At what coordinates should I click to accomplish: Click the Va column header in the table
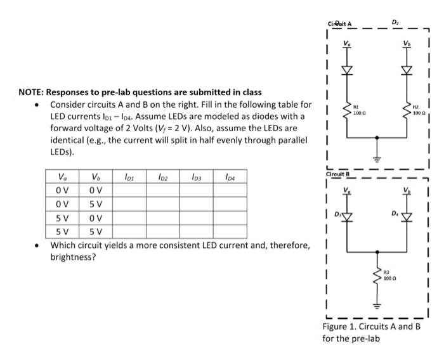(x=60, y=177)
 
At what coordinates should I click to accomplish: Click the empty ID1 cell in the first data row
(x=128, y=189)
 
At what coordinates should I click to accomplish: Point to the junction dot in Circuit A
(x=377, y=135)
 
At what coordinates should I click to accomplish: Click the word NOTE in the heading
(x=30, y=92)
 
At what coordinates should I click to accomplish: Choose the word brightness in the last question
(x=73, y=258)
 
